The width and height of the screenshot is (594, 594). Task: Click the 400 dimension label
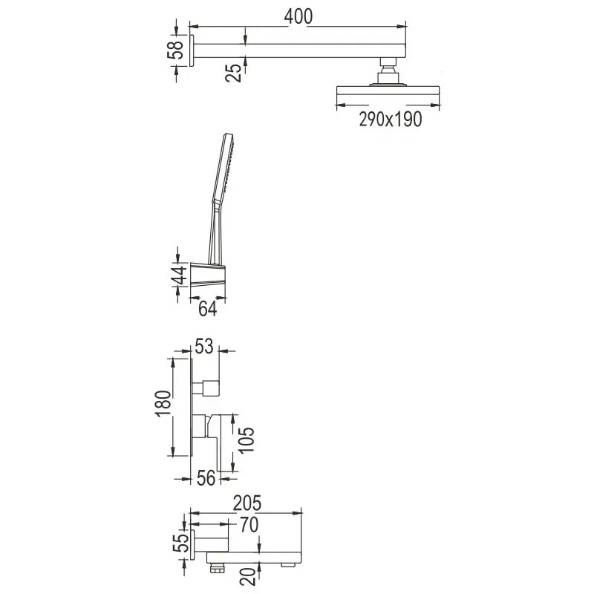coord(298,16)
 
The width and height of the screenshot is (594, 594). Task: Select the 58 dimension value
coord(175,50)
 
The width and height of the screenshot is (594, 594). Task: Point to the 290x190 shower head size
coord(391,119)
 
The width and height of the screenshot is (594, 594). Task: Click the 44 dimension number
coord(179,275)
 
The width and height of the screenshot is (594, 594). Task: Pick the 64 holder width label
coord(208,309)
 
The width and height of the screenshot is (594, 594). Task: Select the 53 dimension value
coord(204,346)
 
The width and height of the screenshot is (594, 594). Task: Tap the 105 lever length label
coord(247,440)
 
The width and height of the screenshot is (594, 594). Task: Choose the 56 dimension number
coord(206,478)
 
